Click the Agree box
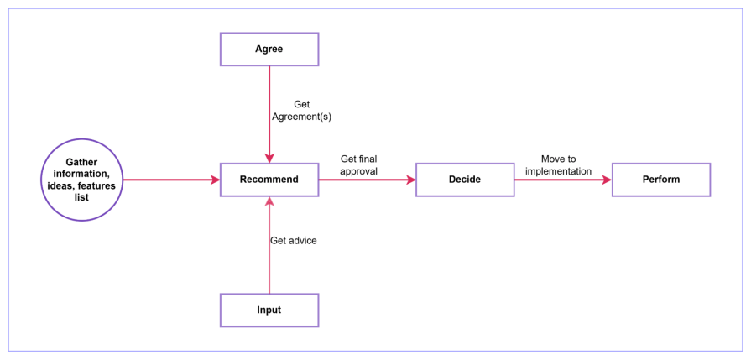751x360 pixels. click(x=269, y=49)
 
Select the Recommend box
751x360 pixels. click(x=269, y=180)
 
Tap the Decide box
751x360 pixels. click(x=465, y=180)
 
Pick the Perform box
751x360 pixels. click(x=661, y=180)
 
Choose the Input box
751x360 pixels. click(x=269, y=310)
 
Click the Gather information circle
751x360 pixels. click(x=81, y=180)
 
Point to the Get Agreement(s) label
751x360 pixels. click(x=301, y=111)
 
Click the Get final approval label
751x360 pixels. click(x=358, y=164)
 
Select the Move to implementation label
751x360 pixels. click(x=558, y=164)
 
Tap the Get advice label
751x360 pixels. click(x=293, y=241)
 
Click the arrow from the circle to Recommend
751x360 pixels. click(x=168, y=180)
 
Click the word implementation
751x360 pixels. click(x=558, y=171)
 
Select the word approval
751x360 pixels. click(x=358, y=171)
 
